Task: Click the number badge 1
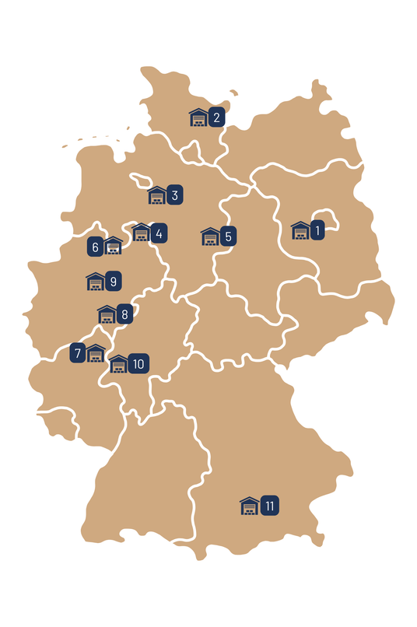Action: pyautogui.click(x=317, y=230)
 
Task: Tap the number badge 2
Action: pyautogui.click(x=217, y=118)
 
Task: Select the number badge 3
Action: pyautogui.click(x=175, y=195)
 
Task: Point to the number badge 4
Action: pyautogui.click(x=159, y=233)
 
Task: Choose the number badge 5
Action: pyautogui.click(x=228, y=236)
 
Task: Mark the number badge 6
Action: pyautogui.click(x=95, y=247)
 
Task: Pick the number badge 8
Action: pyautogui.click(x=124, y=315)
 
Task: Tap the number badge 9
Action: pyautogui.click(x=114, y=281)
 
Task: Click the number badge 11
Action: pyautogui.click(x=269, y=506)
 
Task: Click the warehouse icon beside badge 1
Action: pyautogui.click(x=300, y=230)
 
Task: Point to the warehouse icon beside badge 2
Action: pyautogui.click(x=198, y=117)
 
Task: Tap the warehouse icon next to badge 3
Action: pyautogui.click(x=157, y=195)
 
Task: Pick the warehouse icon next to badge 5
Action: pyautogui.click(x=210, y=236)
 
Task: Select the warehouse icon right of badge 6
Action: pyautogui.click(x=114, y=247)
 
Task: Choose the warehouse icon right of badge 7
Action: pyautogui.click(x=95, y=353)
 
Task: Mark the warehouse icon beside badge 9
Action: pyautogui.click(x=95, y=281)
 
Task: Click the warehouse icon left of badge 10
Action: pyautogui.click(x=118, y=364)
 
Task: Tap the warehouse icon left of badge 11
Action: pyautogui.click(x=249, y=506)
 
